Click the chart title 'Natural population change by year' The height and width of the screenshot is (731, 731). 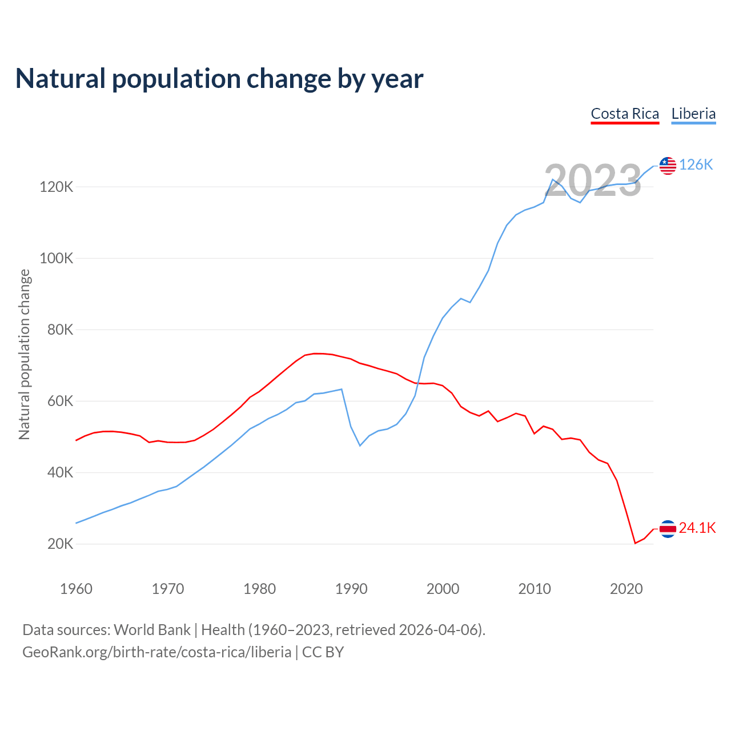tap(219, 79)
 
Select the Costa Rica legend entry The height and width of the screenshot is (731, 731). tap(625, 114)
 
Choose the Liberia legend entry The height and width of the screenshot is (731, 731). tap(693, 114)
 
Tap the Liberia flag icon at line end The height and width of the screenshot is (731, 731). tap(668, 166)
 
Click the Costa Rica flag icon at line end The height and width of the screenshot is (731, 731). tap(668, 529)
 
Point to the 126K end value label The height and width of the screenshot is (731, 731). tap(696, 165)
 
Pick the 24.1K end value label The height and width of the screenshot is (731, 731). tap(697, 528)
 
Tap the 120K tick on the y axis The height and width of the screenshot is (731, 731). tap(57, 187)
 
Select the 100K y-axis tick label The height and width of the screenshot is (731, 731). tap(57, 258)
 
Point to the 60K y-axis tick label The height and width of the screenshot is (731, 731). tap(60, 401)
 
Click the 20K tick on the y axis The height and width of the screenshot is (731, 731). tap(60, 544)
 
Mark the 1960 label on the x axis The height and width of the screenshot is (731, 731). tap(76, 589)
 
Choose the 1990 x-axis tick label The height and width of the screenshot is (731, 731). tap(351, 589)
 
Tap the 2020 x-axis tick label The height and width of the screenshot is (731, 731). tap(626, 589)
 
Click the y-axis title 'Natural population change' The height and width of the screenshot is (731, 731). tap(25, 355)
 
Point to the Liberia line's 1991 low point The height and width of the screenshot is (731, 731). tap(360, 445)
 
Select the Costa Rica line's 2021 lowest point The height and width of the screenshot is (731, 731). tap(635, 543)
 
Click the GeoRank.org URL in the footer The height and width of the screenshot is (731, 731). tap(156, 652)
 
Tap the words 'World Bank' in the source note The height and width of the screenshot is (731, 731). tap(152, 630)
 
